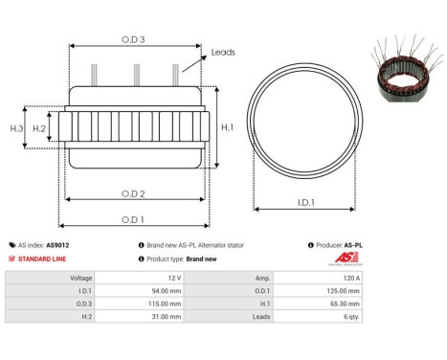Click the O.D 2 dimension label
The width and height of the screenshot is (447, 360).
point(134,194)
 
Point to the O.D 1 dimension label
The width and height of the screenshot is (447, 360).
point(134,219)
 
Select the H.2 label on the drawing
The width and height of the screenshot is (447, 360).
point(40,127)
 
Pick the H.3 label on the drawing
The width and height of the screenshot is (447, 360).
point(16,127)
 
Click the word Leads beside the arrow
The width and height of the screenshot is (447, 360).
point(223,52)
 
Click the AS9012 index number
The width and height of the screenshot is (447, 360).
point(58,245)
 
